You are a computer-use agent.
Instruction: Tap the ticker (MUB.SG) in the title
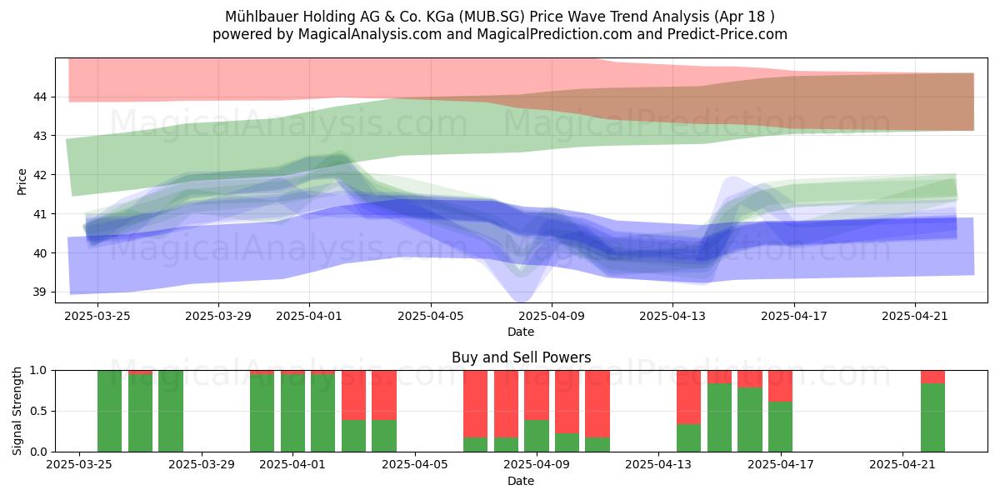pyautogui.click(x=492, y=17)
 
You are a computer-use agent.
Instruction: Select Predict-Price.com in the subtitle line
pyautogui.click(x=727, y=34)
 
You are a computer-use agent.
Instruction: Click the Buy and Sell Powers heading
pyautogui.click(x=521, y=357)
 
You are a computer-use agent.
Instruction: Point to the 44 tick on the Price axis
pyautogui.click(x=40, y=97)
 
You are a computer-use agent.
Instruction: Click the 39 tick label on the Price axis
pyautogui.click(x=40, y=292)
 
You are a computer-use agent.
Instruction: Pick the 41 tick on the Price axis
pyautogui.click(x=40, y=214)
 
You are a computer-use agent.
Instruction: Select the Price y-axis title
pyautogui.click(x=22, y=182)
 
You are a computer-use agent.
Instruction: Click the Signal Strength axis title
pyautogui.click(x=17, y=411)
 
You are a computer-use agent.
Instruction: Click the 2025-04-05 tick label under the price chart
pyautogui.click(x=431, y=316)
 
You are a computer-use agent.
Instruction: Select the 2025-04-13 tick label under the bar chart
pyautogui.click(x=658, y=464)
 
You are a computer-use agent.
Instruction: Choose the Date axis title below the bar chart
pyautogui.click(x=521, y=481)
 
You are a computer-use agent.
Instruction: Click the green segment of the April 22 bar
pyautogui.click(x=932, y=417)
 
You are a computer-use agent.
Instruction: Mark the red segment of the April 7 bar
pyautogui.click(x=476, y=404)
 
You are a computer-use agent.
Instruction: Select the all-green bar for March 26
pyautogui.click(x=109, y=411)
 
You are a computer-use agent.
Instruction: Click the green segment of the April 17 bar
pyautogui.click(x=780, y=427)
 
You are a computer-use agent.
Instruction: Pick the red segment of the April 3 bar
pyautogui.click(x=353, y=395)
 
